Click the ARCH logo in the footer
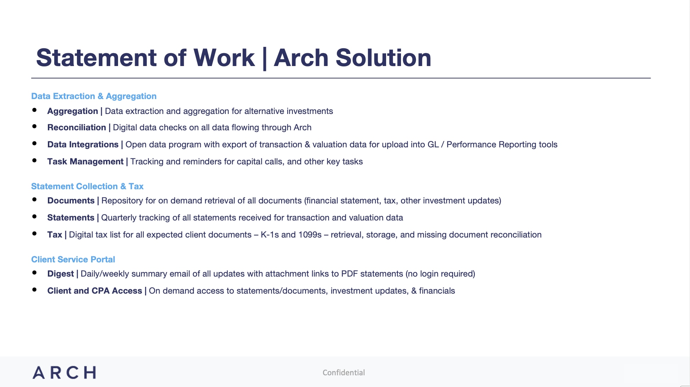[x=64, y=372]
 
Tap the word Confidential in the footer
[x=344, y=372]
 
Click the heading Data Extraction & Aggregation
[x=94, y=96]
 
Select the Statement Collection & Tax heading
[x=87, y=186]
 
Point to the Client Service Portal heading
[x=73, y=260]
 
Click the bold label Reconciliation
[x=77, y=127]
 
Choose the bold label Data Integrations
[x=83, y=145]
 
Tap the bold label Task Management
[x=85, y=162]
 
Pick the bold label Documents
[x=71, y=201]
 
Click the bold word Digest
[x=61, y=274]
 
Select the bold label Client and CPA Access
[x=95, y=291]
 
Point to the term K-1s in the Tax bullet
[x=269, y=235]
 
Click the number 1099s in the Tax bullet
[x=310, y=235]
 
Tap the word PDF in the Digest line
[x=349, y=274]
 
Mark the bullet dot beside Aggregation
[x=34, y=110]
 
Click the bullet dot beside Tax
[x=34, y=234]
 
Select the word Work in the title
[x=224, y=58]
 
